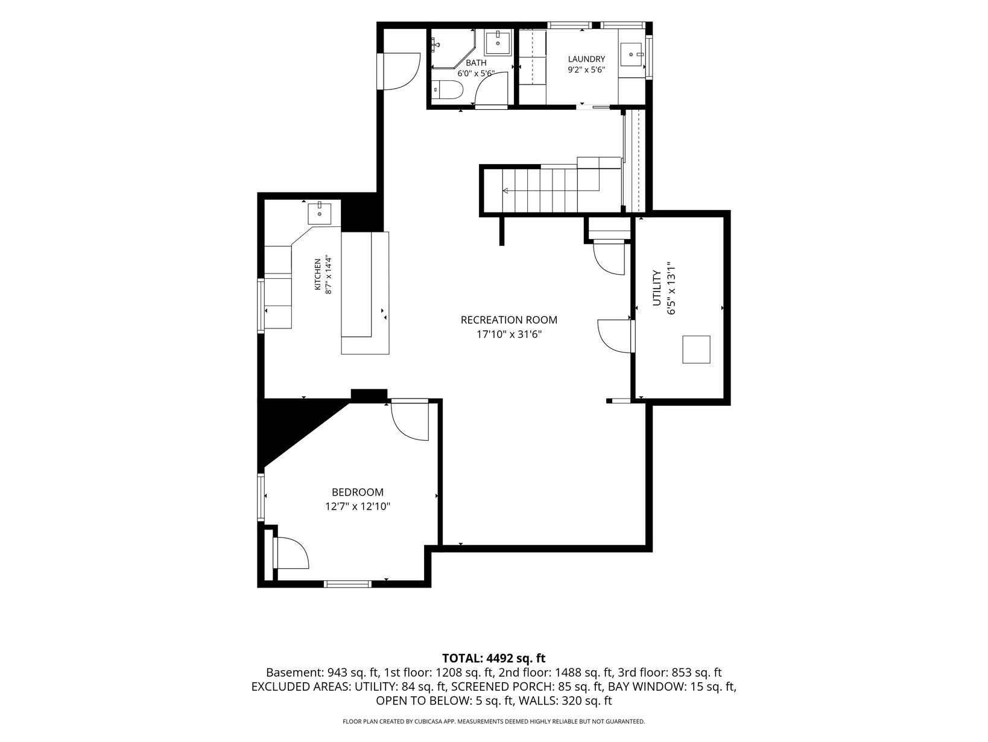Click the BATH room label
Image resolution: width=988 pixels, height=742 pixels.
point(476,63)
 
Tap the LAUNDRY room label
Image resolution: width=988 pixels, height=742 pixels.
point(586,59)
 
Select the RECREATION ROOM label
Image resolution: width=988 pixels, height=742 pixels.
point(508,320)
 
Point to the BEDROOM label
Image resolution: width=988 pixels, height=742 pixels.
point(358,493)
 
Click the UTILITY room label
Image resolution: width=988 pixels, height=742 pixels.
point(657,289)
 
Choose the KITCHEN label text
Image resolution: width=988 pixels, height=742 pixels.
point(318,274)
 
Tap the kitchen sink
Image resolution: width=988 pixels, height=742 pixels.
point(319,214)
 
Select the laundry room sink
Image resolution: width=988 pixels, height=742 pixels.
point(632,54)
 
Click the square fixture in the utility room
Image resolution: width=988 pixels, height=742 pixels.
point(696,349)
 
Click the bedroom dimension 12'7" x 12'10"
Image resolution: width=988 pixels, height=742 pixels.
point(358,507)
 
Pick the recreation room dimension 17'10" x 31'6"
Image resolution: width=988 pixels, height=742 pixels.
point(508,334)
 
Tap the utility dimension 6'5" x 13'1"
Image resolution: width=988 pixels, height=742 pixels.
point(671,289)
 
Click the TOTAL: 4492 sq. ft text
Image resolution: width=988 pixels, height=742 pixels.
point(494,659)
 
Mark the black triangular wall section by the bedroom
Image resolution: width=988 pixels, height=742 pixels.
point(297,432)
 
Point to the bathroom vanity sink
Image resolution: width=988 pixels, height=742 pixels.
point(498,43)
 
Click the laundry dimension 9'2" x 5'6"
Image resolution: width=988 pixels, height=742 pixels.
point(586,70)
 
